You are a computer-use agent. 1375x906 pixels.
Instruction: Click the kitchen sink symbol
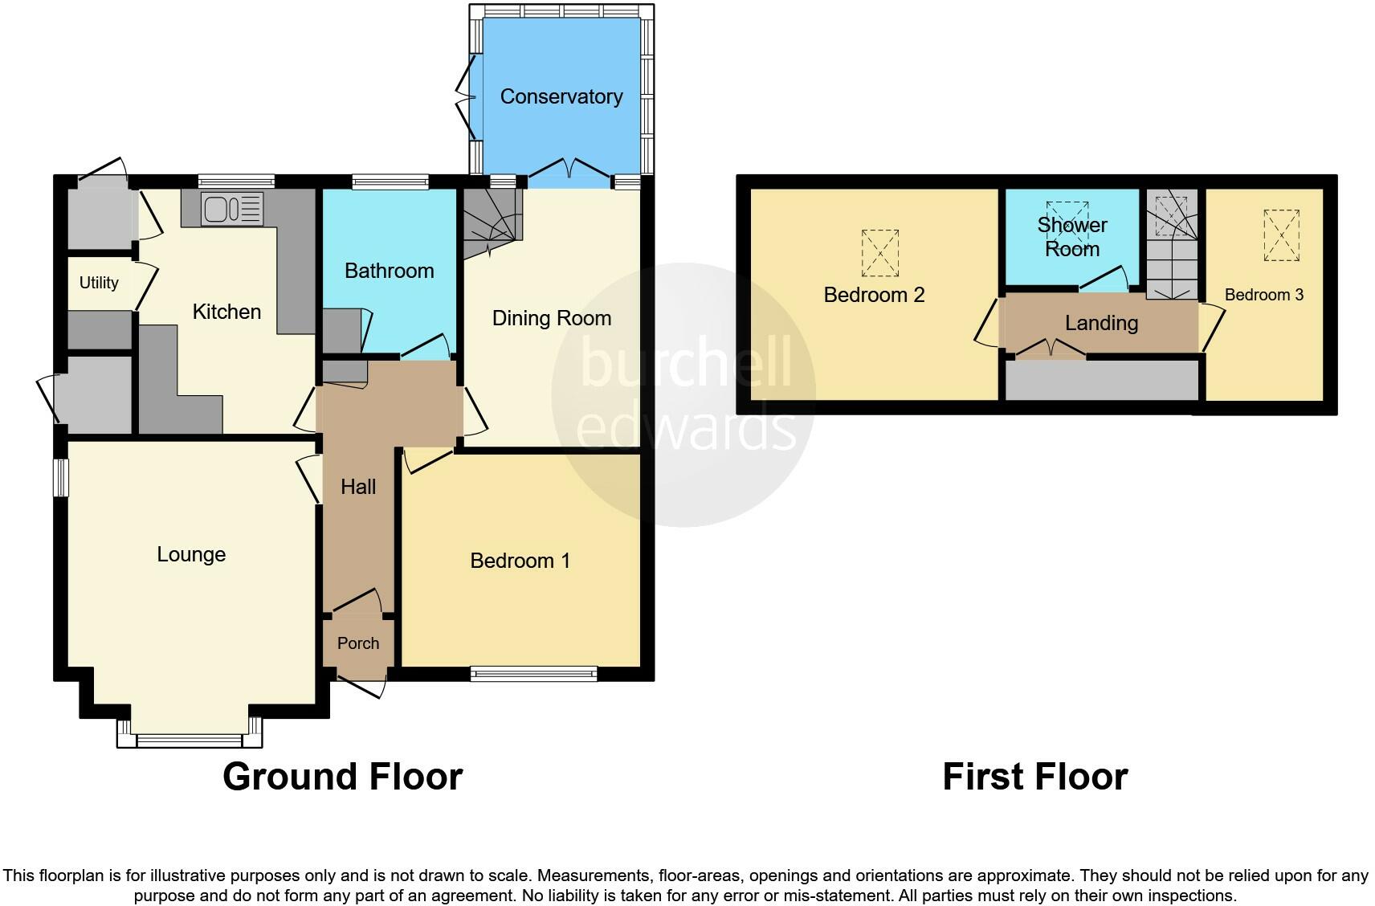click(232, 209)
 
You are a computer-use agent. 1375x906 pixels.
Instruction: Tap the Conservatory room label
click(561, 96)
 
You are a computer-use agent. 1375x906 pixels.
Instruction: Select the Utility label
click(99, 283)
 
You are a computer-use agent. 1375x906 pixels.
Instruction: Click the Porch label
click(358, 643)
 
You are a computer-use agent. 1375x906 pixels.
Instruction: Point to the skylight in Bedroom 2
click(880, 252)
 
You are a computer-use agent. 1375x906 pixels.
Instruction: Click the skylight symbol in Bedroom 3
click(1281, 235)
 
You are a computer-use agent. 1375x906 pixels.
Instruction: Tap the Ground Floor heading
click(342, 777)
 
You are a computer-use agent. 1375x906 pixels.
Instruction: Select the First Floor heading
click(1034, 777)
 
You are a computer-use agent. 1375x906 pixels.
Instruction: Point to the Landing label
click(1101, 323)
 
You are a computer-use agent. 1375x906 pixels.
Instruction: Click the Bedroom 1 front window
click(534, 674)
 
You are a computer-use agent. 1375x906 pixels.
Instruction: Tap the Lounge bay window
click(190, 740)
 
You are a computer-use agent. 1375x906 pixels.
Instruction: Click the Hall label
click(358, 487)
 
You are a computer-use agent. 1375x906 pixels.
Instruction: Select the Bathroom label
click(389, 271)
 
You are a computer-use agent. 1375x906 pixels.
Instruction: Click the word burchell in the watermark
click(684, 361)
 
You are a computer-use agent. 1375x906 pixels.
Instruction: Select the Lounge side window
click(61, 477)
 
